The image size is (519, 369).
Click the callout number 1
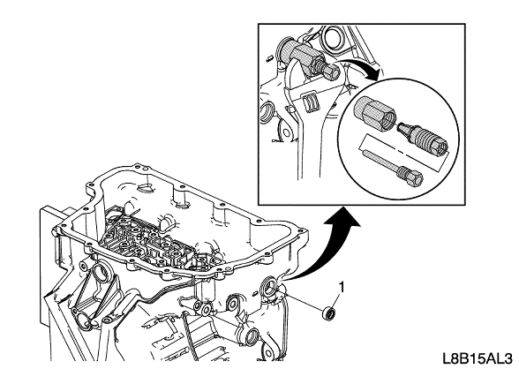[x=342, y=287]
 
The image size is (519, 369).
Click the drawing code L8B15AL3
[x=478, y=358]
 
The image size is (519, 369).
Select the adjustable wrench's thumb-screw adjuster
[x=310, y=101]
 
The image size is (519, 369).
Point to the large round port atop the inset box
[x=335, y=36]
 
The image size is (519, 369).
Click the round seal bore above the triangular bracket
[x=101, y=271]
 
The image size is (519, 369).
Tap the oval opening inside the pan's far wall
[x=146, y=188]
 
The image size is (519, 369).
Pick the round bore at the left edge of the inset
[x=267, y=113]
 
